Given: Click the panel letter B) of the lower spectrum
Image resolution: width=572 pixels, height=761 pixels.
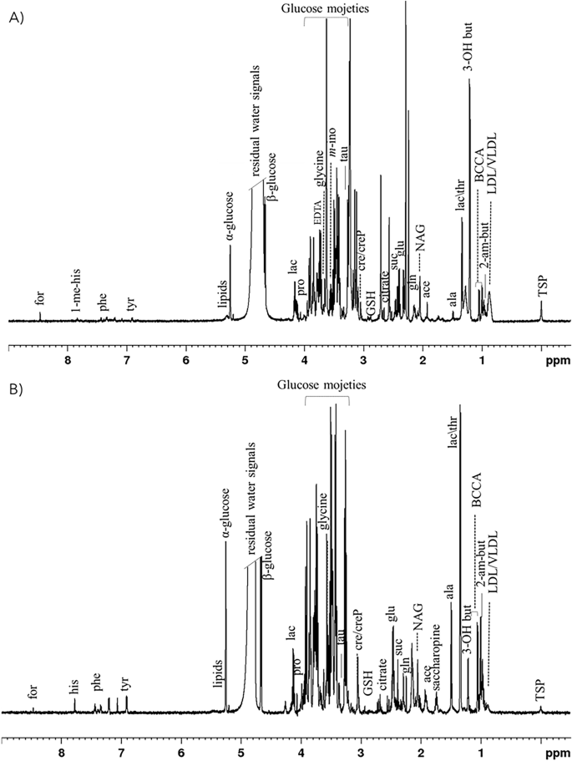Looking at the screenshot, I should (x=14, y=391).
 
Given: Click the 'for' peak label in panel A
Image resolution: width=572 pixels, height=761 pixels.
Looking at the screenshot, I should (x=40, y=296).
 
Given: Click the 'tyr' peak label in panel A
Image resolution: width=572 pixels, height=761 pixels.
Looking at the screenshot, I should (x=131, y=302).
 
